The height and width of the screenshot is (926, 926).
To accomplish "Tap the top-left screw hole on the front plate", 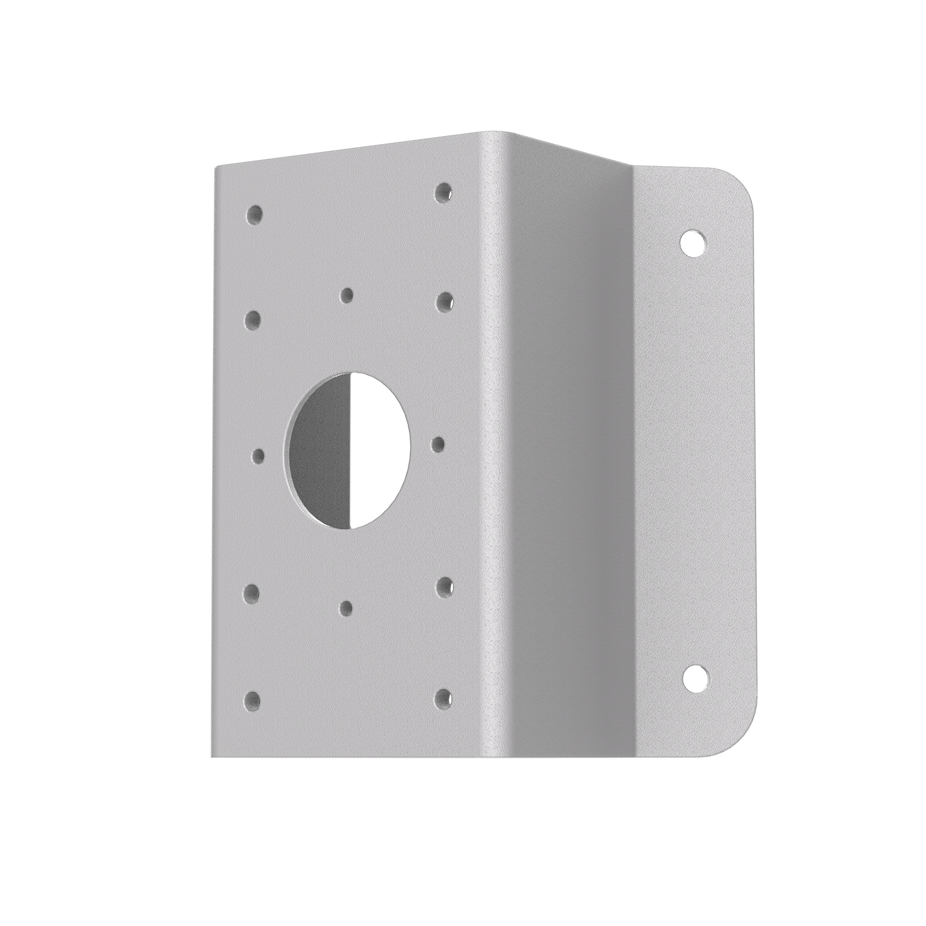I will point(253,214).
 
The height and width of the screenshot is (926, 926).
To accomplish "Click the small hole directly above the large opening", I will point(347,296).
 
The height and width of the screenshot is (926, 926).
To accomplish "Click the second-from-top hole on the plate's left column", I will point(252,320).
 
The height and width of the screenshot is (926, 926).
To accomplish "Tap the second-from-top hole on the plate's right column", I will point(444,301).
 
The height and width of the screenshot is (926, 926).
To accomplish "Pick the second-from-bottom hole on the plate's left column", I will point(251,592).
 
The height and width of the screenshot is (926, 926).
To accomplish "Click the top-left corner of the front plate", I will point(215,169).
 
